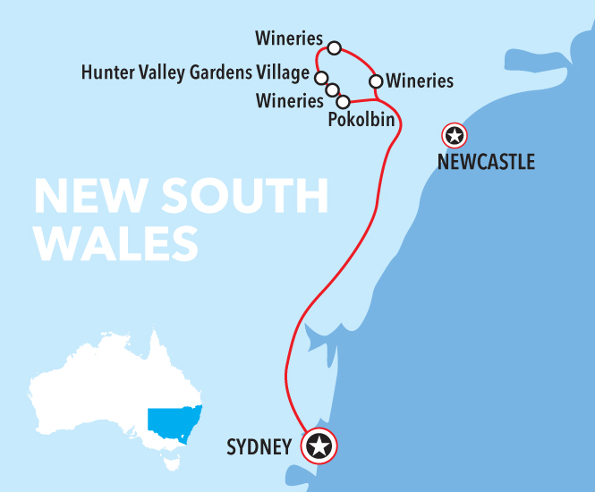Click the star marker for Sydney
pyautogui.click(x=319, y=445)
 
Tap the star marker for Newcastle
pyautogui.click(x=455, y=136)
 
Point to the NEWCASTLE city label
pyautogui.click(x=486, y=162)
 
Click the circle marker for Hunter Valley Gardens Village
pyautogui.click(x=320, y=77)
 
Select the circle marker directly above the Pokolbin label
pyautogui.click(x=343, y=101)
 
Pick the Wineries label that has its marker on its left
pyautogui.click(x=420, y=81)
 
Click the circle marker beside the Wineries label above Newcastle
pyautogui.click(x=376, y=81)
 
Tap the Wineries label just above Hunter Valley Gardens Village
pyautogui.click(x=288, y=38)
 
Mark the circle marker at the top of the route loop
pyautogui.click(x=335, y=47)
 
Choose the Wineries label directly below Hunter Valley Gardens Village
pyautogui.click(x=289, y=100)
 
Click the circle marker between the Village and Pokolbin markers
pyautogui.click(x=332, y=89)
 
